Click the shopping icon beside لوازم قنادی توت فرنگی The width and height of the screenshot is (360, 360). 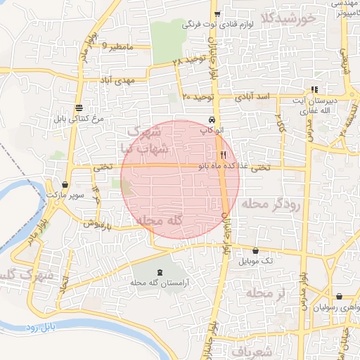coord(217,14)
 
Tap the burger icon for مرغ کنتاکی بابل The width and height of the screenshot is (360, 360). coord(79,108)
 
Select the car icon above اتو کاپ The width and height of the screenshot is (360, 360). coord(212,120)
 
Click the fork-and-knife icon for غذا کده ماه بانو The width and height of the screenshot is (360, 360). coord(223,155)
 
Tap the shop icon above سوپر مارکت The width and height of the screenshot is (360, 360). coord(65,184)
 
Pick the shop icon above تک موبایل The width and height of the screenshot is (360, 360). coord(255,251)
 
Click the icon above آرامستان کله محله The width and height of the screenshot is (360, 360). coord(159,271)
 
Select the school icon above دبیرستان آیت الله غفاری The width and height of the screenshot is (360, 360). coord(314,89)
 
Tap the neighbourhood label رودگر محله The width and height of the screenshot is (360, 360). coord(271,204)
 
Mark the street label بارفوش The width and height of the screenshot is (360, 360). coord(95,224)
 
